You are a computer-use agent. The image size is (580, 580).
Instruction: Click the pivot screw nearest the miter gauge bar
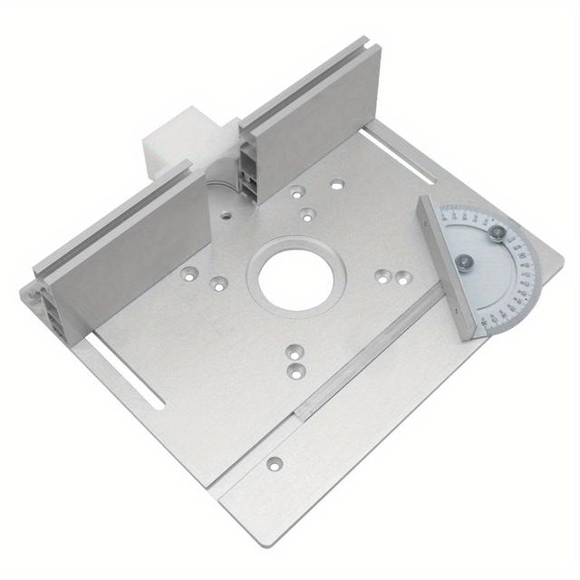[464, 263]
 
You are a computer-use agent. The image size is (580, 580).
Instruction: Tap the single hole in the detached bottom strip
[274, 464]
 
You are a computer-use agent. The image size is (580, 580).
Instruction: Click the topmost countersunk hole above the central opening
[336, 184]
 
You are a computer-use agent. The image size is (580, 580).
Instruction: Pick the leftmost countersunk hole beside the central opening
[188, 271]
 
